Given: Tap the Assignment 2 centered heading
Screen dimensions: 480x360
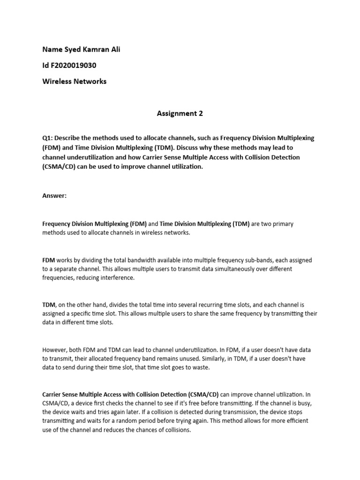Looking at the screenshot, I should click(x=180, y=113).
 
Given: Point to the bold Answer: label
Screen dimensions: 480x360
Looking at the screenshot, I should click(x=54, y=195).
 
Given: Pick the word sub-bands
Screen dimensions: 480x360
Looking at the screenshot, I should click(x=255, y=260).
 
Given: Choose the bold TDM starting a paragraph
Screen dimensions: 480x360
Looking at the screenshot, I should click(x=49, y=305).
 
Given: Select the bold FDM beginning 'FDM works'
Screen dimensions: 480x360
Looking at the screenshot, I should click(x=49, y=260).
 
